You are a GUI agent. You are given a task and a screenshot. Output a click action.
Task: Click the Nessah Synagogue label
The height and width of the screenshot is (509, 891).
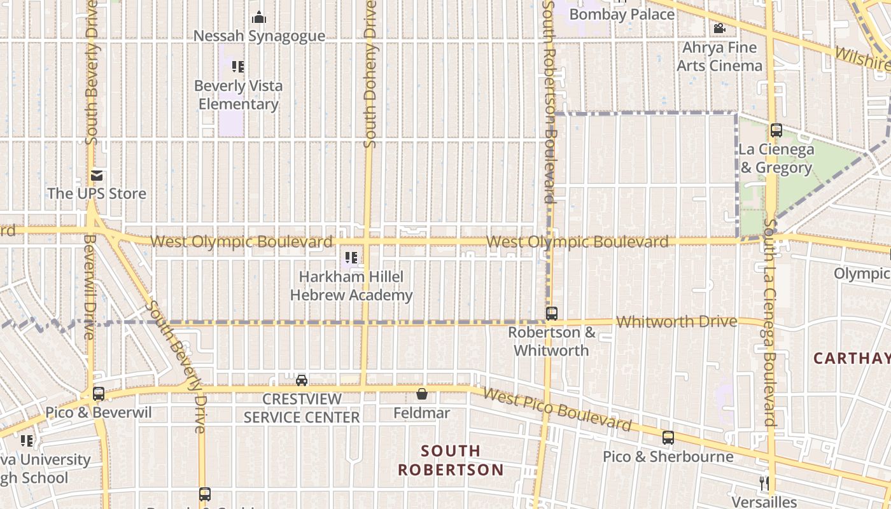point(259,36)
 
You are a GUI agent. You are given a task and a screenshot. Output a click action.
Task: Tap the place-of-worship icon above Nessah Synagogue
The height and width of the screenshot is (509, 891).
point(259,17)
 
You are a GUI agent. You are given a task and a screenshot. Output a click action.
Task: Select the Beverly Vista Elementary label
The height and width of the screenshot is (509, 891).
point(238,94)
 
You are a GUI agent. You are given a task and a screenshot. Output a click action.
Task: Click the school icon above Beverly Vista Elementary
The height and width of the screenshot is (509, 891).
point(238,67)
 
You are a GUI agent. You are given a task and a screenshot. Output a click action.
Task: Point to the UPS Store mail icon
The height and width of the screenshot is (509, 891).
point(97,175)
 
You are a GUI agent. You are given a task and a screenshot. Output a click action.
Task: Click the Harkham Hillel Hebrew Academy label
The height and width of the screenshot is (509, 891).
point(351,286)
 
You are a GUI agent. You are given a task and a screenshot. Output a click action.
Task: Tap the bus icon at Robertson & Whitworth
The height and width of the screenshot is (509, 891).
point(552,313)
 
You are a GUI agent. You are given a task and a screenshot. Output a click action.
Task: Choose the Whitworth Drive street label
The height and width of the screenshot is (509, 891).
point(677,321)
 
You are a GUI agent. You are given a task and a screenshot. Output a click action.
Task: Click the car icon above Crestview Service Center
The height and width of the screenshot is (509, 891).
point(302,380)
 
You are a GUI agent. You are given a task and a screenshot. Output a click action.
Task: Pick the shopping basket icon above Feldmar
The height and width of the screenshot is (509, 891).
point(421,394)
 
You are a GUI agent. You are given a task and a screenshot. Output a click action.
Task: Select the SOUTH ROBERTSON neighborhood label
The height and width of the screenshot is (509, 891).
point(451,460)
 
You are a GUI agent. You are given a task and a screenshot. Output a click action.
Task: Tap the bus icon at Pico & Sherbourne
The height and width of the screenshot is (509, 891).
point(668,438)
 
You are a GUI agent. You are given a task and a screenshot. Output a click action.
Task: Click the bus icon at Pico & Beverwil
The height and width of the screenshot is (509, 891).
point(98,393)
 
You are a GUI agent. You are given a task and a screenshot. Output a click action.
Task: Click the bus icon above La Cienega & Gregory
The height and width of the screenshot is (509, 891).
point(776,130)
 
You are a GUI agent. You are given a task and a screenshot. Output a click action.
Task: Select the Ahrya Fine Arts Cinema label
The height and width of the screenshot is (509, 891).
point(719,56)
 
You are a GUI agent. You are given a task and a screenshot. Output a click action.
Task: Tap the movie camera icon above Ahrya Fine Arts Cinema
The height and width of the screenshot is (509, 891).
point(719,28)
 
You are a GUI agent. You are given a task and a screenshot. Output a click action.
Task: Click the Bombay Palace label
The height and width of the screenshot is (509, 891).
point(621,13)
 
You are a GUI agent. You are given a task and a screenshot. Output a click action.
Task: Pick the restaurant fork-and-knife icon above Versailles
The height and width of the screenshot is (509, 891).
point(764,483)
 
